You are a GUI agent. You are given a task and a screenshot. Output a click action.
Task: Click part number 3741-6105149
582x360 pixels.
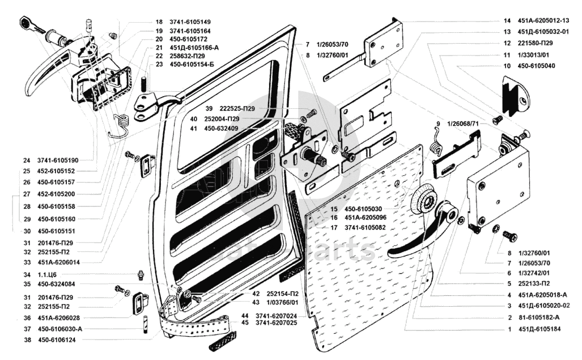pos(190,22)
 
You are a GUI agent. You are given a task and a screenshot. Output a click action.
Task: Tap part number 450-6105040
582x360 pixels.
pos(536,66)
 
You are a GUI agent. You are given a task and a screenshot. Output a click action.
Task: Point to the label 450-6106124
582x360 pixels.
pos(57,340)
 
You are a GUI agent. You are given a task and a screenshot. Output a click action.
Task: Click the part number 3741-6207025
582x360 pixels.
pos(276,323)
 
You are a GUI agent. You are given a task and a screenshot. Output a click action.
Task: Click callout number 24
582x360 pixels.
pos(27,160)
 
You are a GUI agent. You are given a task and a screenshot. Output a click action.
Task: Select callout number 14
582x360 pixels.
pos(507,21)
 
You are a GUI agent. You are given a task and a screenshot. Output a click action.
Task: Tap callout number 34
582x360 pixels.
pos(27,275)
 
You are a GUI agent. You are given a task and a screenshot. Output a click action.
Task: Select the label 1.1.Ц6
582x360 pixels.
pos(47,275)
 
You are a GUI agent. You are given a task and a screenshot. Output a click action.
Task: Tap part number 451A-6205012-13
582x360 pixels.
pos(543,21)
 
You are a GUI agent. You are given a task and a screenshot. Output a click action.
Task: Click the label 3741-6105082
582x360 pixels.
pos(365,227)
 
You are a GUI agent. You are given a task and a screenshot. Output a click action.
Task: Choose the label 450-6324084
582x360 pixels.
pos(57,284)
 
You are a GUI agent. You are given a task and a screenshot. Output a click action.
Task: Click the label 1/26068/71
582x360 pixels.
pos(463,124)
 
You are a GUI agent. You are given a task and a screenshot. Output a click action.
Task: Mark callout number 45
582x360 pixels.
pos(245,323)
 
